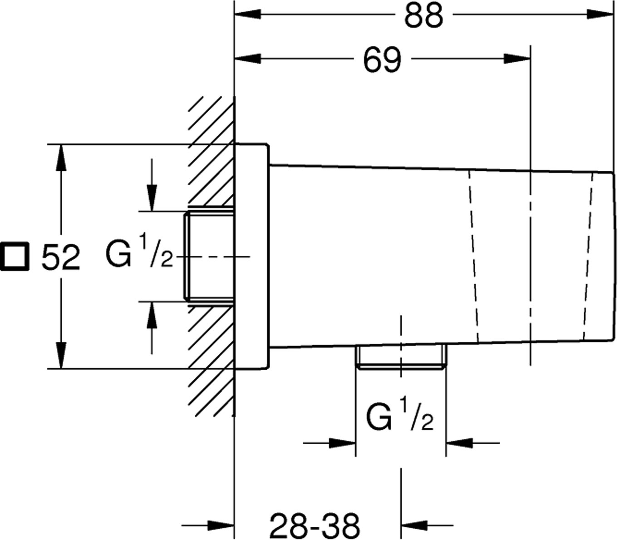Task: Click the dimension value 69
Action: (x=383, y=59)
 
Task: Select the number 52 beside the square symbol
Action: (x=61, y=258)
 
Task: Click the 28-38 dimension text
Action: (x=315, y=525)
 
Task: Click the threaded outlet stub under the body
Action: (x=401, y=357)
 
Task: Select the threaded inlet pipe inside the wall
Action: (x=209, y=256)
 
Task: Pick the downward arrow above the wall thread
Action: (x=152, y=198)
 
